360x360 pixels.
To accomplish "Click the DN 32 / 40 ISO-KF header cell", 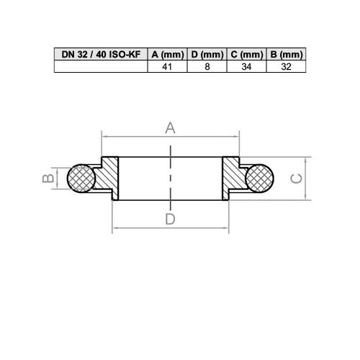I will tap(100, 55).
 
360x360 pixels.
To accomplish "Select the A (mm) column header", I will tap(166, 55).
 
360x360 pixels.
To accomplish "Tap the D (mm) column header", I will tap(207, 55).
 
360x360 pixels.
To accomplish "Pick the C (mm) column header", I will tap(246, 55).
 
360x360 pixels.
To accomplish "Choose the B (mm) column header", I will tap(285, 55).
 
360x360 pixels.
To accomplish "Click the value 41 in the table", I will tap(166, 66).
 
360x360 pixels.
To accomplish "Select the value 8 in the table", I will tap(207, 66).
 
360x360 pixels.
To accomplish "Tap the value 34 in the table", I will tap(246, 66).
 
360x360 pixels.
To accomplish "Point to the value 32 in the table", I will tap(285, 66).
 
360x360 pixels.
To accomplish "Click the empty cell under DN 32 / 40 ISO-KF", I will tap(100, 66).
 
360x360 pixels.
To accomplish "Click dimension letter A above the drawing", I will tap(171, 128).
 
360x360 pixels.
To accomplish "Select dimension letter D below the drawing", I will tap(171, 220).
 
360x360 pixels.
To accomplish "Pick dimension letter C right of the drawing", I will tap(295, 178).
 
